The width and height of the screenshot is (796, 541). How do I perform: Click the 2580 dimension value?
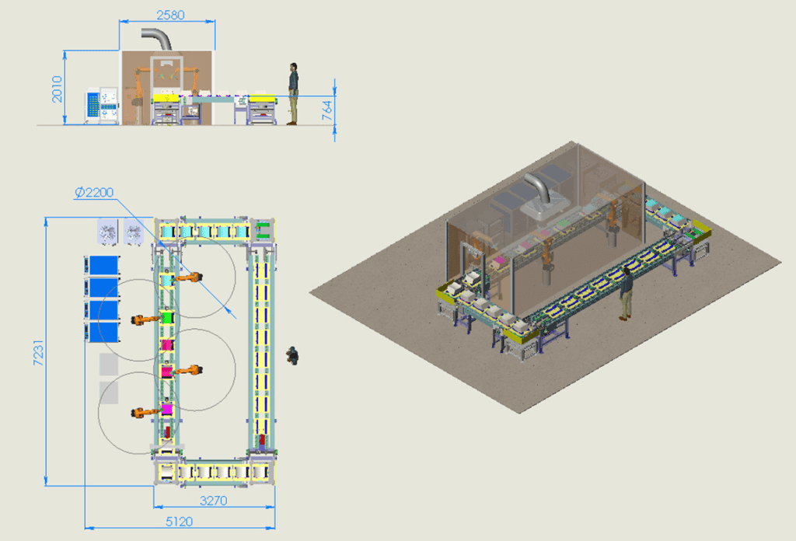(x=170, y=15)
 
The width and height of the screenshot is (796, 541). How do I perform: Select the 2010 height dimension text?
(x=57, y=89)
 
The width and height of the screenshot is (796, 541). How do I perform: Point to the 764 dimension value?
(x=327, y=110)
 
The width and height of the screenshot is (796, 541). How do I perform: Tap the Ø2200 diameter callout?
(x=94, y=192)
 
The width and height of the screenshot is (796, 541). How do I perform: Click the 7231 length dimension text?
(x=38, y=352)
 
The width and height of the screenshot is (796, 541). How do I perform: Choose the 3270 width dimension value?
(x=213, y=501)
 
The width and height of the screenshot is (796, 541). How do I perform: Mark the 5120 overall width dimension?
(x=180, y=522)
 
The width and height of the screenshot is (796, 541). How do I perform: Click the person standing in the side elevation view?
(x=293, y=94)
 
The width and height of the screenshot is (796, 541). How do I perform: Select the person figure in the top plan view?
(x=292, y=355)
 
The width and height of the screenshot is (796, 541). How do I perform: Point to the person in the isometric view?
(x=627, y=294)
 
